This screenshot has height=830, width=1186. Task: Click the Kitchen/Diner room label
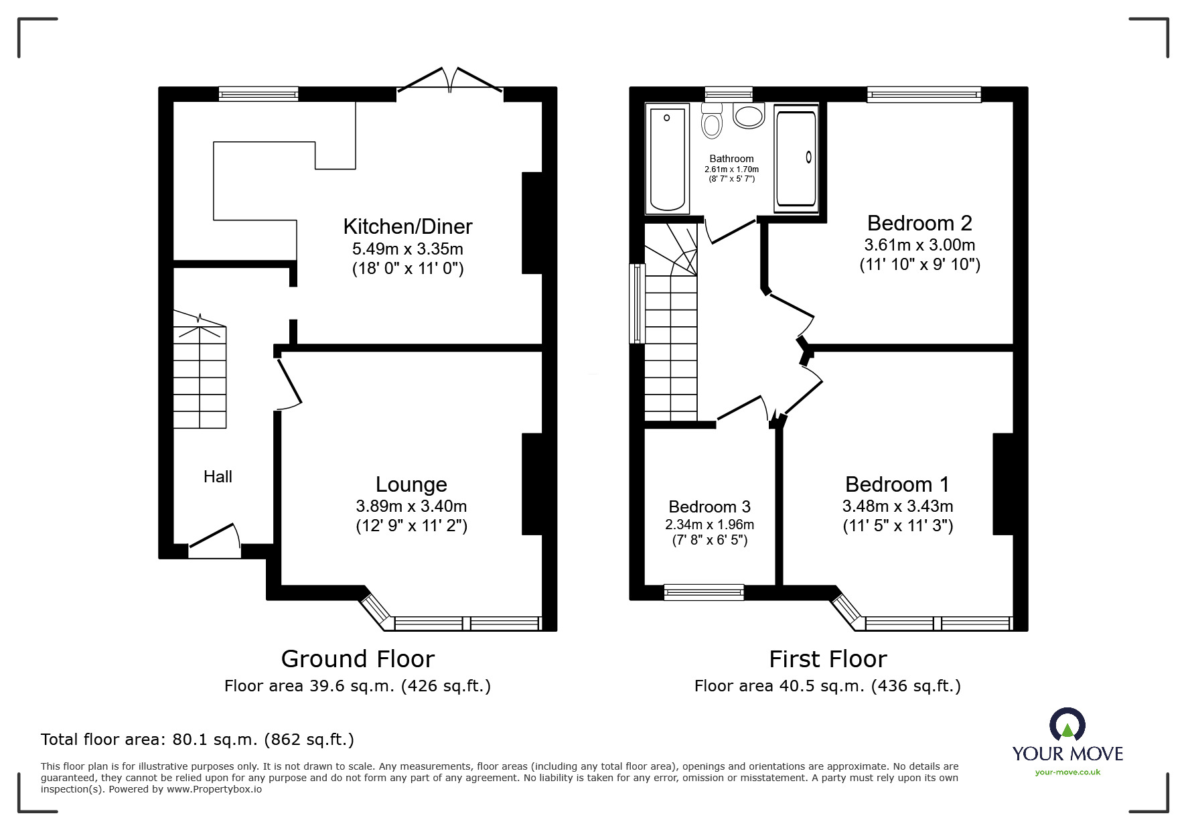click(x=408, y=226)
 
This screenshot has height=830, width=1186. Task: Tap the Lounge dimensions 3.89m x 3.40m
click(x=411, y=506)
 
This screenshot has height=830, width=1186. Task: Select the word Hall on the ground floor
click(x=218, y=476)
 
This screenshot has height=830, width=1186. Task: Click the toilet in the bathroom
click(x=711, y=121)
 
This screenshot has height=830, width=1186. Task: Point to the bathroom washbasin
click(x=749, y=115)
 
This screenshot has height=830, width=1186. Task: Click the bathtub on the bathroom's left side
click(x=667, y=159)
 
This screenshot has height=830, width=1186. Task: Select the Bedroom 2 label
click(x=919, y=222)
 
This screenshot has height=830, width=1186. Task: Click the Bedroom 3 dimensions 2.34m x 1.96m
click(x=709, y=525)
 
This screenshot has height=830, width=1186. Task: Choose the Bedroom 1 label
click(x=897, y=484)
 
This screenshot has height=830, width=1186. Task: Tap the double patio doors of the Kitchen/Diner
click(x=449, y=79)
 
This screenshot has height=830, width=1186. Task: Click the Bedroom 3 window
click(x=704, y=592)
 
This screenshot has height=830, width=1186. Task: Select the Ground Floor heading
click(x=358, y=659)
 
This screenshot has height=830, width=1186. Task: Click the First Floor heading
click(x=828, y=659)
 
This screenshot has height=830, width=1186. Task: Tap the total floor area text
click(x=198, y=740)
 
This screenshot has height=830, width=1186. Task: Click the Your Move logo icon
click(x=1067, y=725)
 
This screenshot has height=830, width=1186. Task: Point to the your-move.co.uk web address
click(x=1067, y=772)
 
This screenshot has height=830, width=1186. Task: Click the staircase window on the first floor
click(x=637, y=303)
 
